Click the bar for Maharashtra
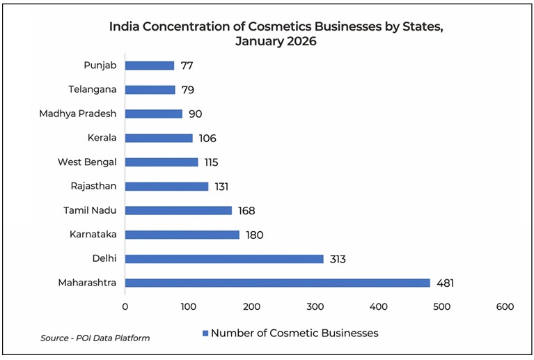(277, 283)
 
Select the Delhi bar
(224, 259)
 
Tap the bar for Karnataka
(182, 235)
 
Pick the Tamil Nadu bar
(178, 210)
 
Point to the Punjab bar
(150, 65)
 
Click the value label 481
(445, 283)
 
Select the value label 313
(338, 259)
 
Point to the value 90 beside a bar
(194, 114)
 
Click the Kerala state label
(102, 138)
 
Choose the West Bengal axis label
(87, 162)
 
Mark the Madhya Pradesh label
(78, 114)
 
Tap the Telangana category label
(92, 89)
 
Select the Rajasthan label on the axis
(93, 186)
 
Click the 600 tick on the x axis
(505, 306)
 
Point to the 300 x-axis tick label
(315, 306)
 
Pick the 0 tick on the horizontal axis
(125, 306)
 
